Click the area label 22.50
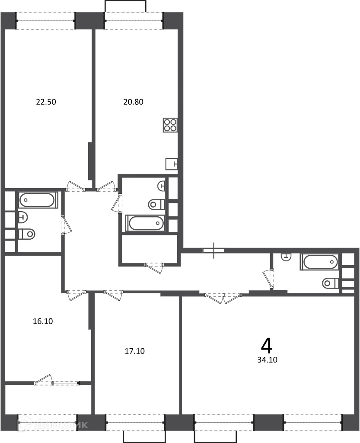pyautogui.click(x=46, y=102)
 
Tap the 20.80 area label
pyautogui.click(x=134, y=102)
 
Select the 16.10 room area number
pyautogui.click(x=43, y=321)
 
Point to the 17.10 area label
pyautogui.click(x=134, y=351)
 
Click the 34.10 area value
pyautogui.click(x=267, y=360)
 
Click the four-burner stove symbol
pyautogui.click(x=170, y=125)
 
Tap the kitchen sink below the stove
pyautogui.click(x=172, y=164)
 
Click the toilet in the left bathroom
pyautogui.click(x=27, y=234)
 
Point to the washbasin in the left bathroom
pyautogui.click(x=23, y=217)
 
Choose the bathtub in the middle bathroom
pyautogui.click(x=145, y=223)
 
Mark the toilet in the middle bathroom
pyautogui.click(x=156, y=204)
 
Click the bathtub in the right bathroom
pyautogui.click(x=320, y=262)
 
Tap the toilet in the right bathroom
pyautogui.click(x=331, y=283)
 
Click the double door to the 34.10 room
pyautogui.click(x=223, y=299)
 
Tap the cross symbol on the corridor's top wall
pyautogui.click(x=213, y=250)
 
